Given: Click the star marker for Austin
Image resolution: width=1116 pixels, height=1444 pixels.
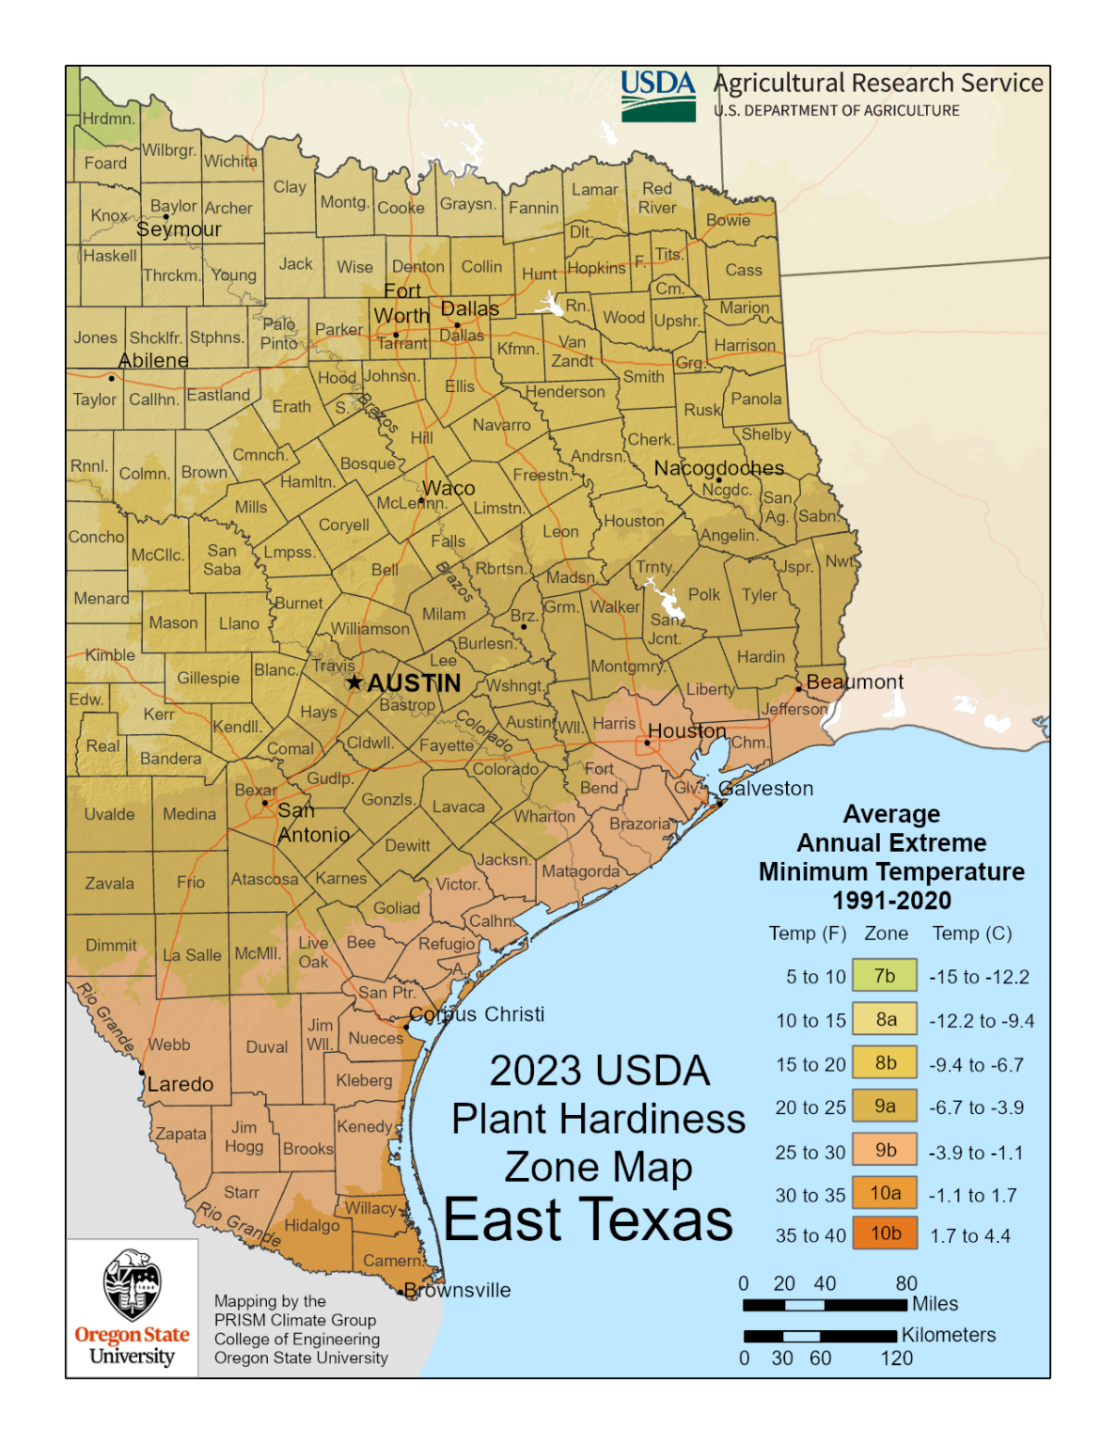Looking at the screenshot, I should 354,683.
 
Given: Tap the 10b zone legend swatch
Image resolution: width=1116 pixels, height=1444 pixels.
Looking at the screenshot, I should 885,1233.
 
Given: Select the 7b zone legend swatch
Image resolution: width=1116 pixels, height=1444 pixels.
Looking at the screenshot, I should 885,976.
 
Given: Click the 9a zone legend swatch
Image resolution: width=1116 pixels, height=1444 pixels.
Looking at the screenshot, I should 885,1107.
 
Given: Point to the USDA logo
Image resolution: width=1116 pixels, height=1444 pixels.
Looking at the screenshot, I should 658,95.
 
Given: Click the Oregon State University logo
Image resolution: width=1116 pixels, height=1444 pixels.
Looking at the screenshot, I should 133,1308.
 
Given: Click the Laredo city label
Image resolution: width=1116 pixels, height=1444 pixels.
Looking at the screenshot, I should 181,1085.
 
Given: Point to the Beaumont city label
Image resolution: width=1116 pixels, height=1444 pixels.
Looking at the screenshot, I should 855,683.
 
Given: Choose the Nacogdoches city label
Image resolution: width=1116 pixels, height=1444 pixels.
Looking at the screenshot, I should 719,468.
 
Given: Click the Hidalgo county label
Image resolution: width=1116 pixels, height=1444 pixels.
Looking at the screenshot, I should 311,1226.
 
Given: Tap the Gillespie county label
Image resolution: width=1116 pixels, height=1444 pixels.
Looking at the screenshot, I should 208,678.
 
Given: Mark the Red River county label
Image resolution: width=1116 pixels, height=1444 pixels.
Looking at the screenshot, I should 657,198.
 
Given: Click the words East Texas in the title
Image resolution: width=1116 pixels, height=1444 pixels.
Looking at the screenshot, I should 588,1220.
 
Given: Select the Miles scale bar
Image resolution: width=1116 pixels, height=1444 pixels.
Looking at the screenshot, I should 825,1305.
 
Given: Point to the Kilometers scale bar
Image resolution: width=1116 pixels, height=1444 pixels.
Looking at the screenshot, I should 820,1336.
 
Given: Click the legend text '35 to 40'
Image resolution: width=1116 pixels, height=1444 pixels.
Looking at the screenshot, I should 810,1236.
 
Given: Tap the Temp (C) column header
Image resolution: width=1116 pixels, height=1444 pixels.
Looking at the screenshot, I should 972,934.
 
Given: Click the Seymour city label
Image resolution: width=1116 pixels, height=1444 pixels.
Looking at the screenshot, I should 179,229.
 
